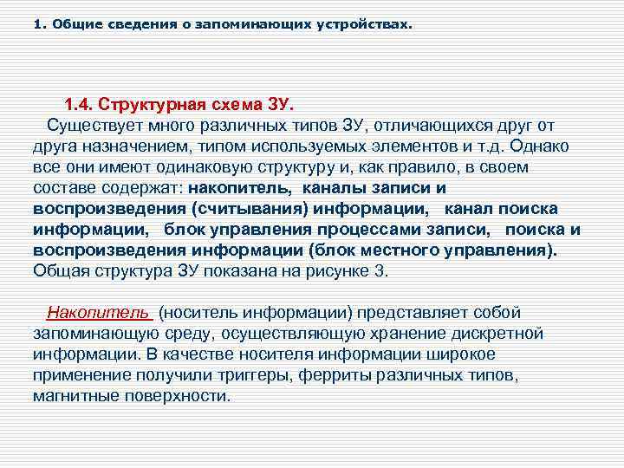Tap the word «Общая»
(x=59, y=270)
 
